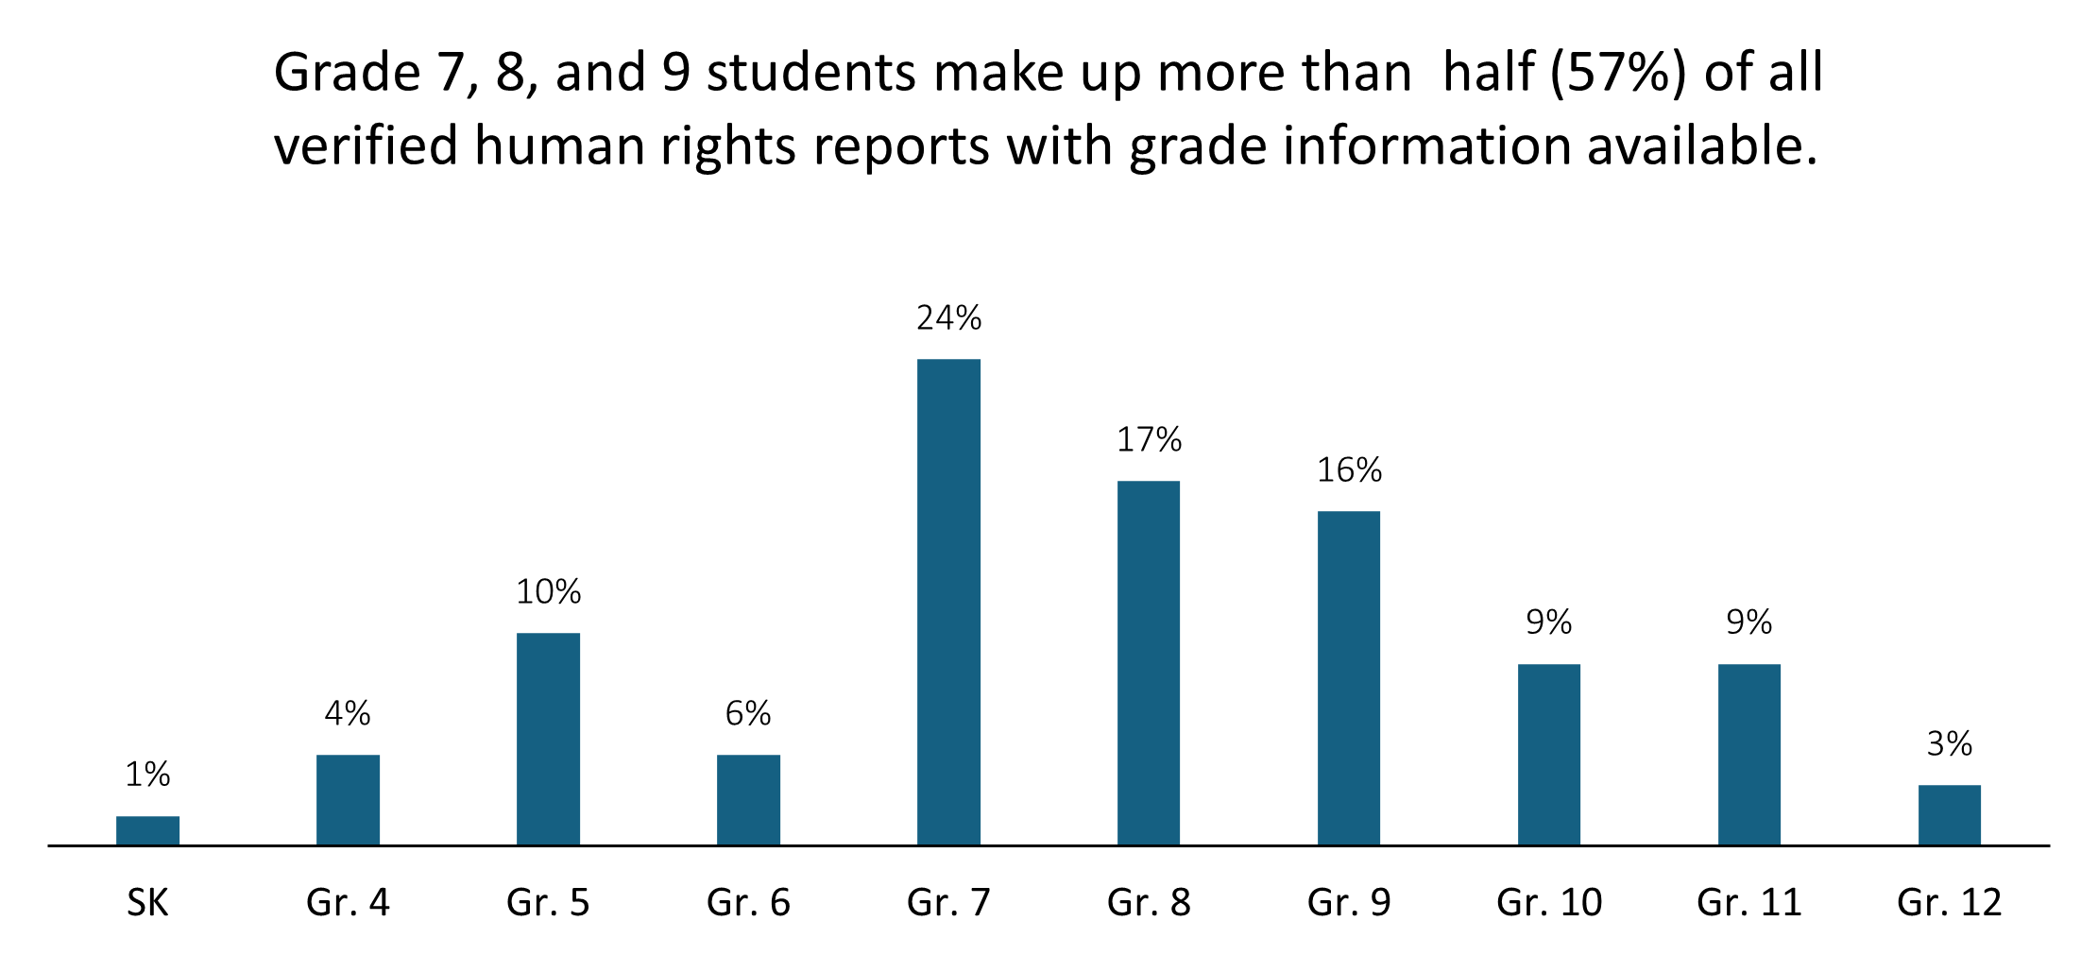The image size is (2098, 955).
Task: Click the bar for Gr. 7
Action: [x=948, y=602]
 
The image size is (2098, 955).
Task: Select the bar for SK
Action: [x=147, y=830]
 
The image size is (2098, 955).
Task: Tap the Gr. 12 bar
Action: [x=1949, y=814]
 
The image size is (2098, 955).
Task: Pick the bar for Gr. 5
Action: [x=548, y=739]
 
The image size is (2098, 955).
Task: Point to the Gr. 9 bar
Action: [x=1348, y=677]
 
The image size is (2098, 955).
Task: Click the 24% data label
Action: [x=948, y=318]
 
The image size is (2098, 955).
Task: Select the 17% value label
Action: [x=1149, y=440]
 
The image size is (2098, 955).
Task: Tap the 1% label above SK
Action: [x=147, y=775]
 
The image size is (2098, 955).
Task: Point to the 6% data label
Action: [x=748, y=713]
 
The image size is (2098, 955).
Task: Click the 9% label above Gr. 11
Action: [x=1748, y=622]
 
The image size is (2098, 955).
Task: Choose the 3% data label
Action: [x=1949, y=744]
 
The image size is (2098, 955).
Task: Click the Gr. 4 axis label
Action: [x=348, y=903]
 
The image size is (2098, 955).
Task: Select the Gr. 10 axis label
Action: [x=1549, y=903]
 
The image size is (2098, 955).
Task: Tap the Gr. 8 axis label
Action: [x=1149, y=903]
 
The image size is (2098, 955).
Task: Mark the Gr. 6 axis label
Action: [x=748, y=903]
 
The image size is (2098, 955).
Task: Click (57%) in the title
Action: [x=1616, y=73]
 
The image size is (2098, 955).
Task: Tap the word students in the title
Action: [x=811, y=73]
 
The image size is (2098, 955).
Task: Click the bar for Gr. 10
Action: [x=1548, y=754]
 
